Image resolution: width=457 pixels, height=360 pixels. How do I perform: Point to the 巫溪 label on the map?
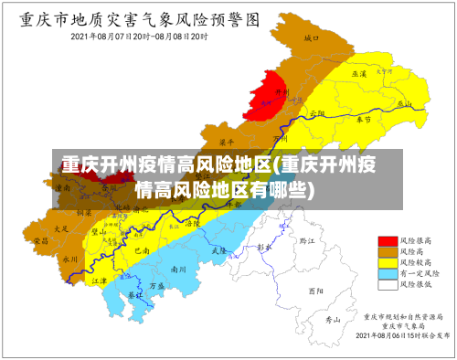[x=359, y=73]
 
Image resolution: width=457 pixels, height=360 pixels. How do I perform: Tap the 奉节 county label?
[x=363, y=120]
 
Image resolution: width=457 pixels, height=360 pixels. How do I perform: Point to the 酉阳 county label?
[x=315, y=291]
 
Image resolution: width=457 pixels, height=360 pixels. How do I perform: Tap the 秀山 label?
[x=334, y=320]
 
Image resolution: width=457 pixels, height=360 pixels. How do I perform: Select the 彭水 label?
[x=265, y=248]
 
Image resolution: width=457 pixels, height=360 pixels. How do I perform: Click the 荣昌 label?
[x=41, y=240]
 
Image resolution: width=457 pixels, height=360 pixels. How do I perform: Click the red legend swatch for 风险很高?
[x=387, y=240]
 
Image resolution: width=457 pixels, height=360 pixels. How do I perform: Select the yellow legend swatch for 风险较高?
[x=387, y=262]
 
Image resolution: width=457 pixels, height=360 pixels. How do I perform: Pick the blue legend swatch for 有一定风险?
[x=387, y=273]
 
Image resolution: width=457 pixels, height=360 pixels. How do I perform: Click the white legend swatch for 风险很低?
[x=387, y=284]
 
